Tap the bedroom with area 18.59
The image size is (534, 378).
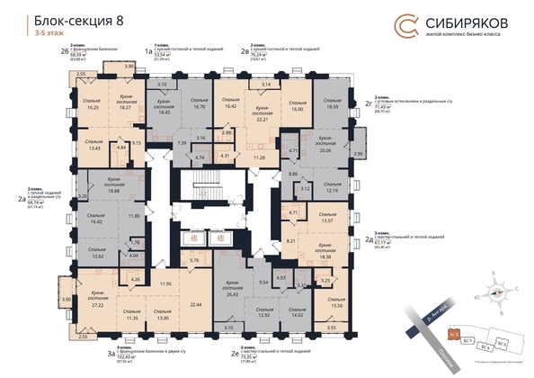pos(334,104)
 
